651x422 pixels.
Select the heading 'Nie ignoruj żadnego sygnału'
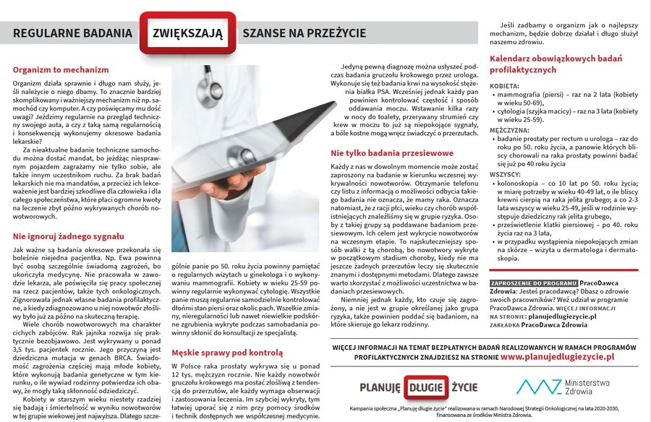coord(64,236)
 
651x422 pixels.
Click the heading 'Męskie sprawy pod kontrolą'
coord(226,353)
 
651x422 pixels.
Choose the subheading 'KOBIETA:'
coord(505,85)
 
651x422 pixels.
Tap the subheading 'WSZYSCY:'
coord(505,174)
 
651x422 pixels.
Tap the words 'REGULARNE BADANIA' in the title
coord(72,33)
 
